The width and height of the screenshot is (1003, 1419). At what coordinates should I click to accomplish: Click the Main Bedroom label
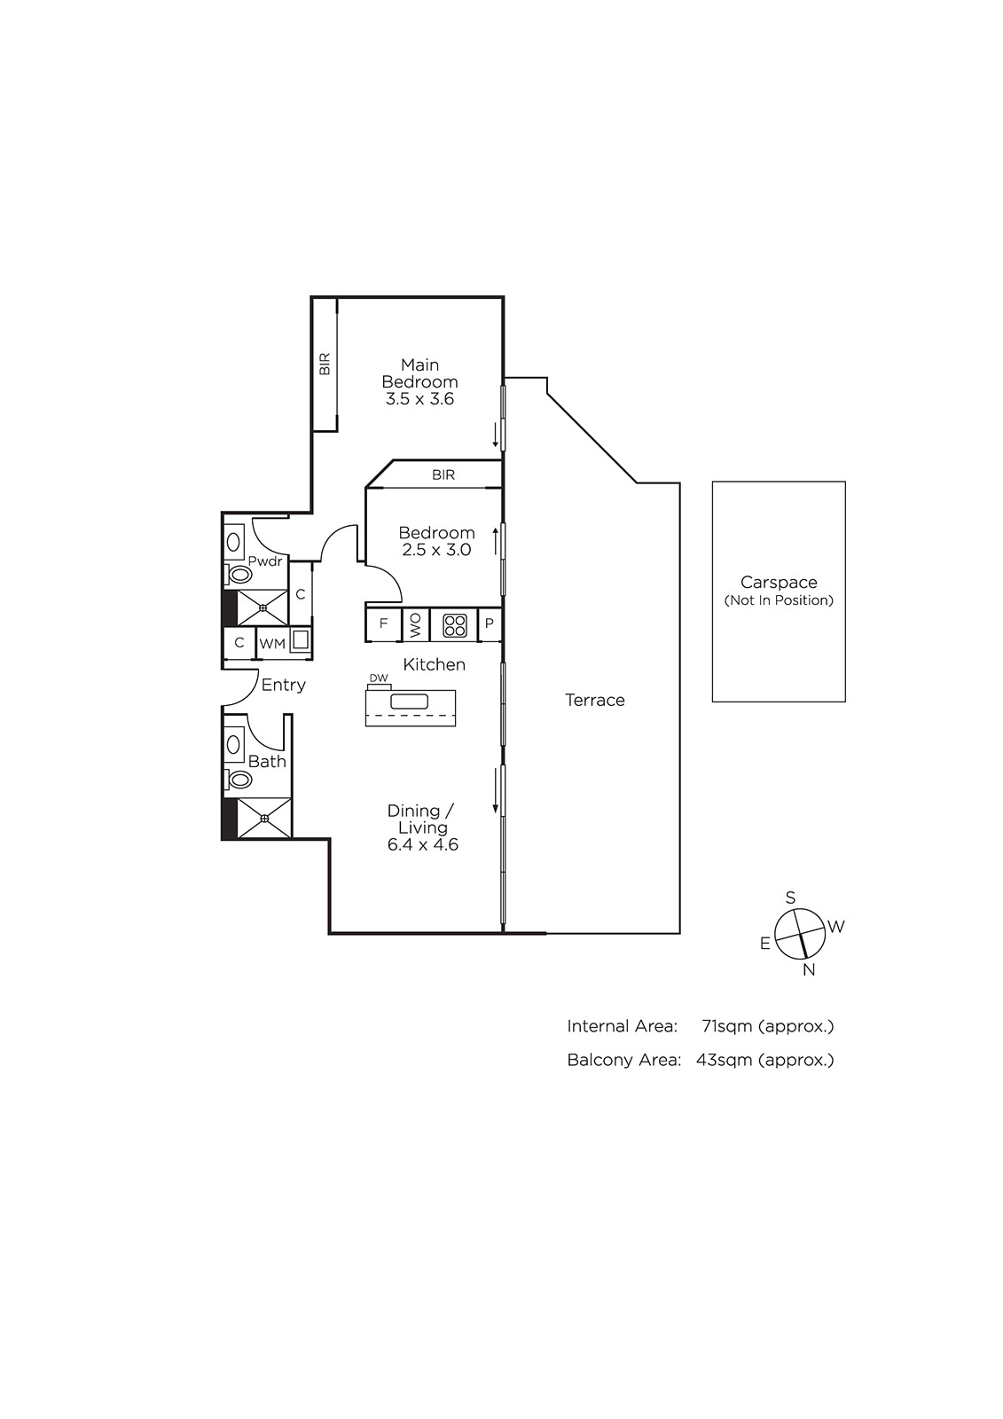tap(419, 373)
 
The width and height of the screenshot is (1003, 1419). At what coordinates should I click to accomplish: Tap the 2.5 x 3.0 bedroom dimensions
tap(436, 550)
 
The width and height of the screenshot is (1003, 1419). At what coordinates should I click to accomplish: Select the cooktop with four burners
tap(454, 624)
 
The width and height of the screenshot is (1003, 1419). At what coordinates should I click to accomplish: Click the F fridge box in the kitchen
tap(383, 623)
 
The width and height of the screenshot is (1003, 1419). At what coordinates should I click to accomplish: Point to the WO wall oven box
tap(416, 624)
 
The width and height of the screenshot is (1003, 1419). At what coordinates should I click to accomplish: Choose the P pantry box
tap(490, 623)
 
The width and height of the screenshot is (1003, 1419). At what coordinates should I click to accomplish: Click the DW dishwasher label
tap(379, 678)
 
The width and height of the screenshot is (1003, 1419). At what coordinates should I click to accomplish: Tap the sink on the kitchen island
tap(410, 702)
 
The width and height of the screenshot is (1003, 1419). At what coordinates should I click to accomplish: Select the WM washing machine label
tap(272, 644)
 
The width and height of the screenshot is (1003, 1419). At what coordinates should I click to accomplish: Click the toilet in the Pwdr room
tap(239, 575)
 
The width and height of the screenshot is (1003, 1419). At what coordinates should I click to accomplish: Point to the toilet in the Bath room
tap(239, 779)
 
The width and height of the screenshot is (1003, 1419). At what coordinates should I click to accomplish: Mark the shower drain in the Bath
tap(264, 819)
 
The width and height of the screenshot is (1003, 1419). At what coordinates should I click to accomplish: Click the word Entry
tap(283, 685)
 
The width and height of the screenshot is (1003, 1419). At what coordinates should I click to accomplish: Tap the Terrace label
tap(595, 700)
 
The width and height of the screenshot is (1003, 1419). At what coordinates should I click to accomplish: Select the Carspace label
tap(779, 582)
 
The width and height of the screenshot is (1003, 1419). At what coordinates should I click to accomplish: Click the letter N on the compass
tap(809, 970)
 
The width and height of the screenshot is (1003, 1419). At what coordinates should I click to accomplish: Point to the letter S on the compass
tap(790, 898)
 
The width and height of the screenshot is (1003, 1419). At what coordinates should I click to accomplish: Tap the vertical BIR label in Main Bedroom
tap(325, 365)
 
